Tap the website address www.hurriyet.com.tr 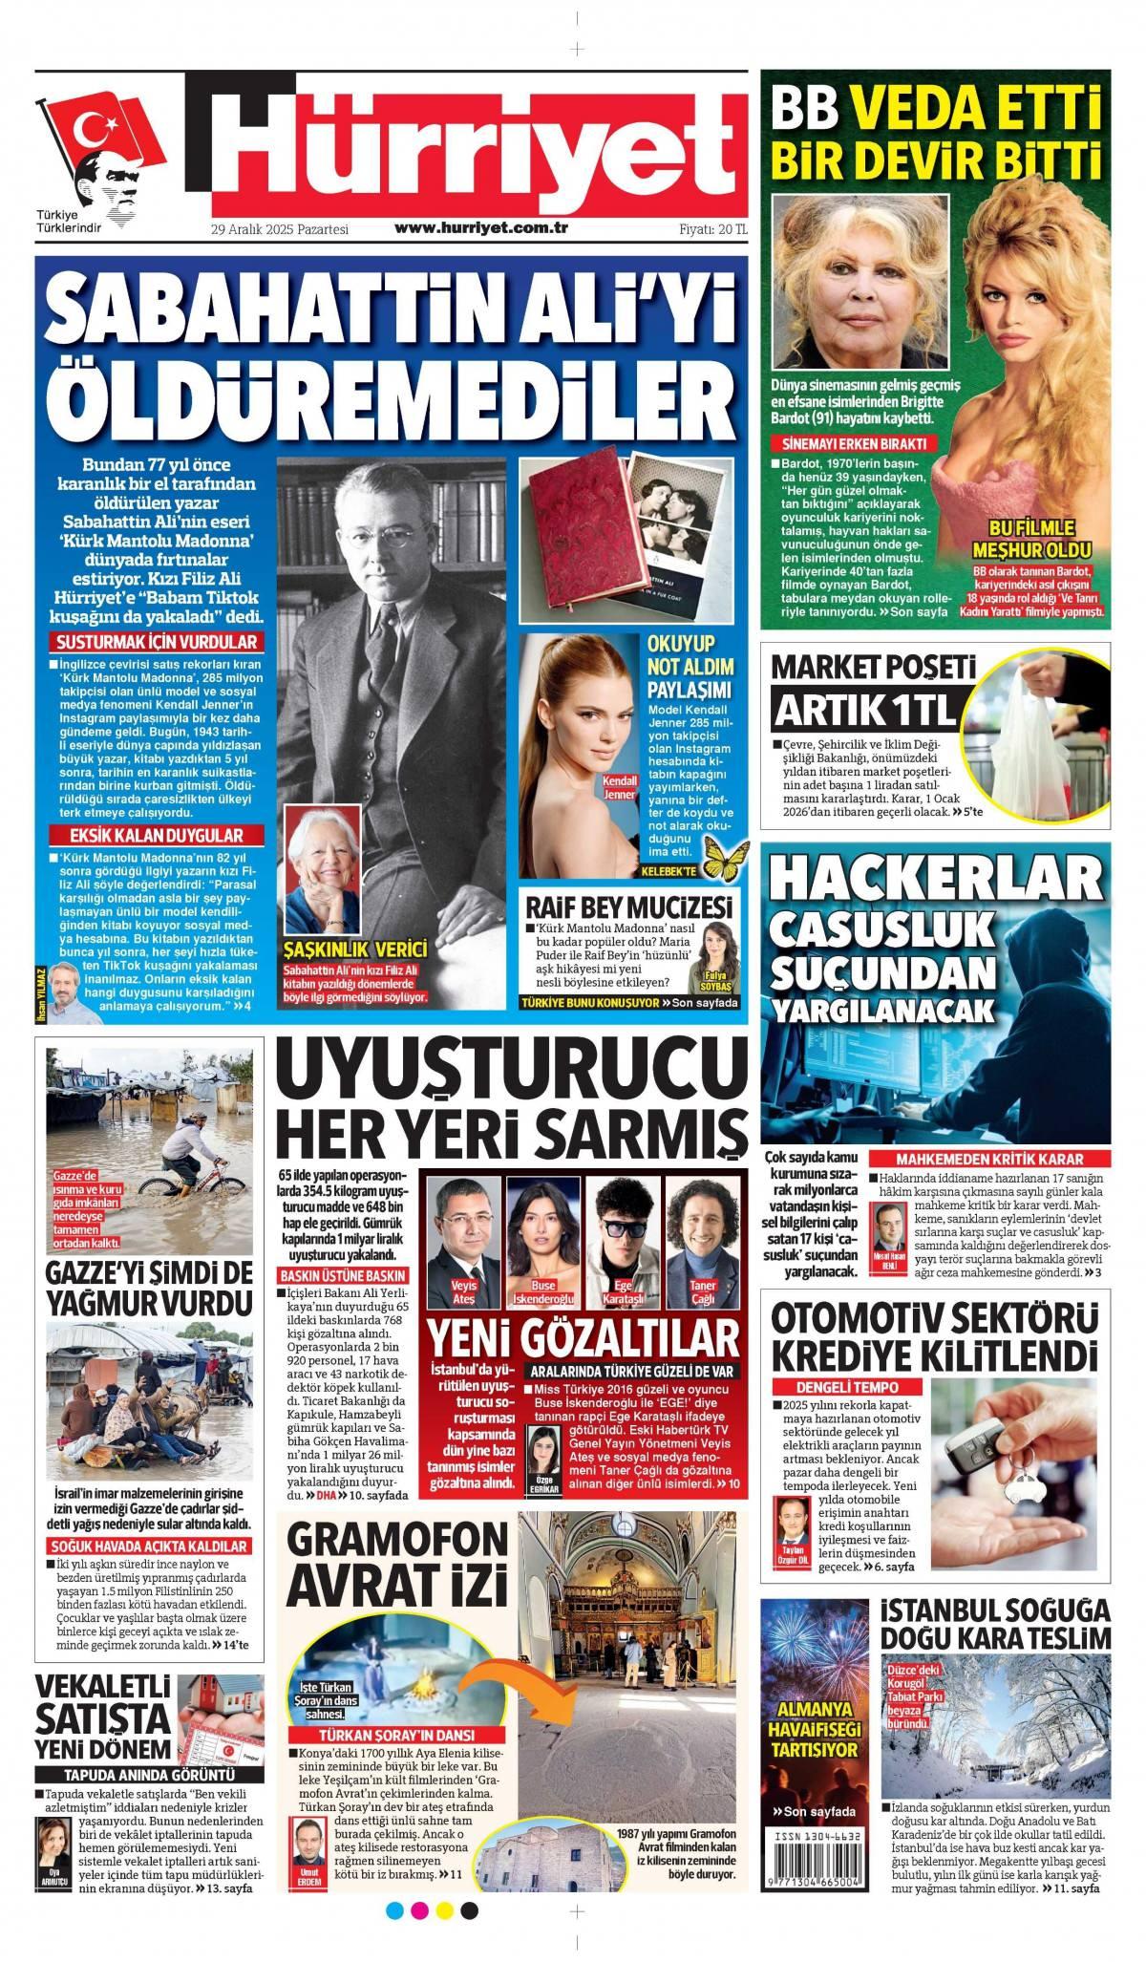(x=481, y=229)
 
